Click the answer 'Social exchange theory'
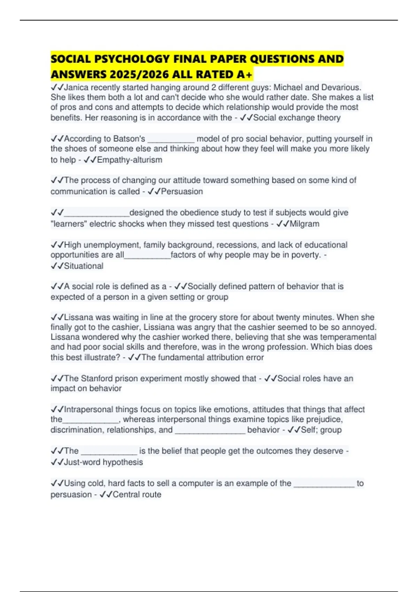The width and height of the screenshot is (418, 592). coord(297,118)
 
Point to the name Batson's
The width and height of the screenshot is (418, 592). coord(129,139)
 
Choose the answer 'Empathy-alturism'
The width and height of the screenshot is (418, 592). coord(130,160)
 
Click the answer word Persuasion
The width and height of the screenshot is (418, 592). coord(182,192)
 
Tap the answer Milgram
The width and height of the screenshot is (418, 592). coord(304,224)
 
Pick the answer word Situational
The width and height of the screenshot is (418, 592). coord(84,266)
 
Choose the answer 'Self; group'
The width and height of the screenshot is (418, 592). coord(321,430)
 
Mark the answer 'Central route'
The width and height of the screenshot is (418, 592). coord(137,494)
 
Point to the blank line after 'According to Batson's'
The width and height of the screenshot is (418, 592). coord(171,139)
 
